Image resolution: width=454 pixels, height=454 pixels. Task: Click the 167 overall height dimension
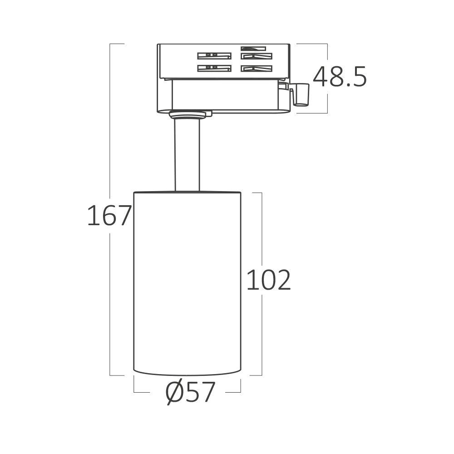109,215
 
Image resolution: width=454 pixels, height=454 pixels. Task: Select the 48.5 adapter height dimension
340,77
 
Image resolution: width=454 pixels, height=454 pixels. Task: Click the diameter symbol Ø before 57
174,393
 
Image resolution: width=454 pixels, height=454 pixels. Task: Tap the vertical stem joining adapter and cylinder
187,154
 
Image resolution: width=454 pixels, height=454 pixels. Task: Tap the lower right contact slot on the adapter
257,69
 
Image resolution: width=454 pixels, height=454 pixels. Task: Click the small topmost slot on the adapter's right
254,48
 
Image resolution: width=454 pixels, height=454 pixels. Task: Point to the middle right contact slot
257,56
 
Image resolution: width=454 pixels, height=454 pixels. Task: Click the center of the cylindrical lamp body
187,281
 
